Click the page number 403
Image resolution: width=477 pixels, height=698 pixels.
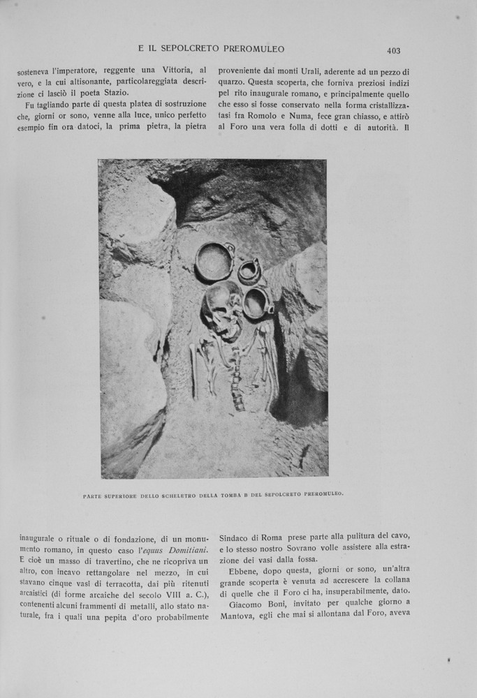click(x=393, y=50)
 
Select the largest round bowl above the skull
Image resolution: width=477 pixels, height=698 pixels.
click(x=214, y=261)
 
